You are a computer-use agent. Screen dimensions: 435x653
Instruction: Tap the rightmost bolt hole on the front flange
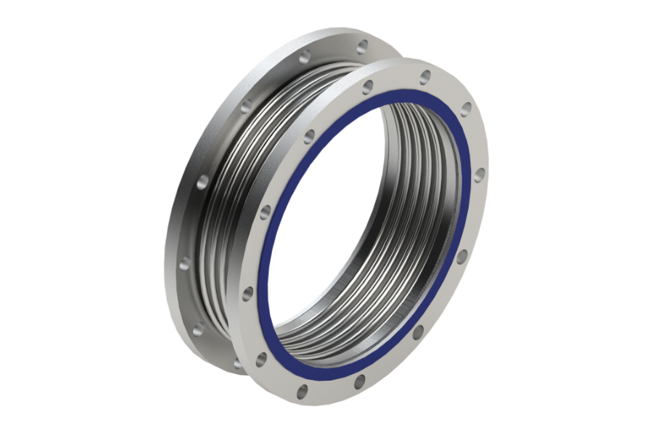480,174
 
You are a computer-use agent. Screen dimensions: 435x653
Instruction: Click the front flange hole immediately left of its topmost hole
368,87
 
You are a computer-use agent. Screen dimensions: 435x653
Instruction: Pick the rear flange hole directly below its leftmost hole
197,331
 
